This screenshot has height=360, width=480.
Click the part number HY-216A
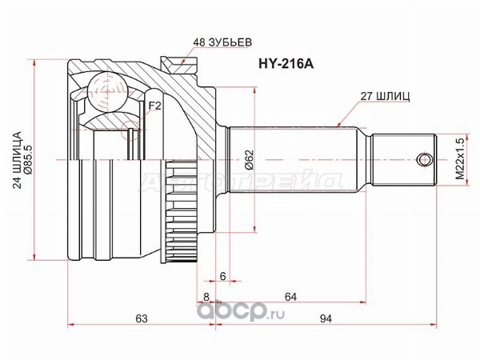click(x=286, y=64)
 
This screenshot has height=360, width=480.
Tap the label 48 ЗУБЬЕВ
click(x=222, y=42)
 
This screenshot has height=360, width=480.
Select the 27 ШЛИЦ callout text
click(x=385, y=97)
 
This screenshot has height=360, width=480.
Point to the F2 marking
click(x=154, y=106)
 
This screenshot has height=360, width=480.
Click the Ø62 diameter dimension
click(x=250, y=159)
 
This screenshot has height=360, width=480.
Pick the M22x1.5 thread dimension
click(x=460, y=159)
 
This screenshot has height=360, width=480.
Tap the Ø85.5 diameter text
click(x=29, y=160)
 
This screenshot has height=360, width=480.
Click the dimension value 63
click(x=142, y=318)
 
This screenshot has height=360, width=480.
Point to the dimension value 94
click(x=326, y=318)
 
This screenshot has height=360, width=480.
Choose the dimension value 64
click(x=290, y=297)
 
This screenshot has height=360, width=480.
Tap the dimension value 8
click(x=206, y=297)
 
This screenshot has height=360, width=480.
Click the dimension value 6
click(x=222, y=276)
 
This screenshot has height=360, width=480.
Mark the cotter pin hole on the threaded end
click(x=425, y=159)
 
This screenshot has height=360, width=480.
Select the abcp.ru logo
click(x=240, y=311)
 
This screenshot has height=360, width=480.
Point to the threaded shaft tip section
click(x=404, y=159)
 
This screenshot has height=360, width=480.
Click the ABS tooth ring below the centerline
click(x=182, y=211)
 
